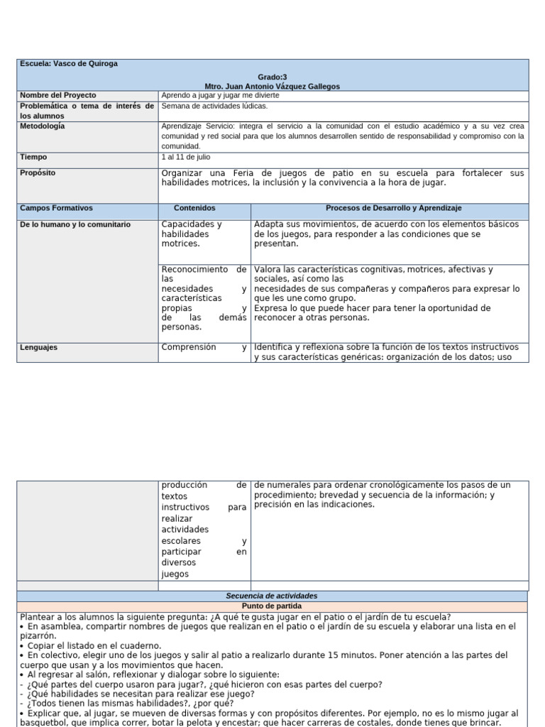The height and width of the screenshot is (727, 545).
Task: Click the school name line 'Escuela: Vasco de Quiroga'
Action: point(68,64)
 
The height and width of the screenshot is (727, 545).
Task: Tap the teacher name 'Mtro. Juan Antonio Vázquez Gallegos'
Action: point(272,86)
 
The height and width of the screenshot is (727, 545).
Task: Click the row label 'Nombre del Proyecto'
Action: point(58,95)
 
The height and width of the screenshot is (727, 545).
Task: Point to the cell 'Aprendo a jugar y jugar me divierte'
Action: point(221,95)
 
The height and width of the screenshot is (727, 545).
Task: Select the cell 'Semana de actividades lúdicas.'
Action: point(215,106)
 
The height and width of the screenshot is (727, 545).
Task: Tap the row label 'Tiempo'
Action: point(34,157)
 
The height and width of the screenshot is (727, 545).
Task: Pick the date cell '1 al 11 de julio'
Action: point(186,157)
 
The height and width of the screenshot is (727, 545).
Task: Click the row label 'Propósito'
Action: point(38,173)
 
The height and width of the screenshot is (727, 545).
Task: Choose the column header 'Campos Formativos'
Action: point(56,208)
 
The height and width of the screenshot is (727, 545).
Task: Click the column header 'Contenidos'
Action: point(194,208)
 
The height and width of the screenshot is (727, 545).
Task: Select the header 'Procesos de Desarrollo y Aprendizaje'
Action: point(393,208)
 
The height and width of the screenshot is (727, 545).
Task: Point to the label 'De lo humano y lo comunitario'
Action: point(75,224)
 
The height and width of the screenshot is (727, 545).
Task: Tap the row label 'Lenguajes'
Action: point(39,348)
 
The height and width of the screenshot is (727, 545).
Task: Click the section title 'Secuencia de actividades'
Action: point(272,596)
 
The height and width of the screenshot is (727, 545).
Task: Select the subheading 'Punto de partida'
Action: point(272,606)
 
